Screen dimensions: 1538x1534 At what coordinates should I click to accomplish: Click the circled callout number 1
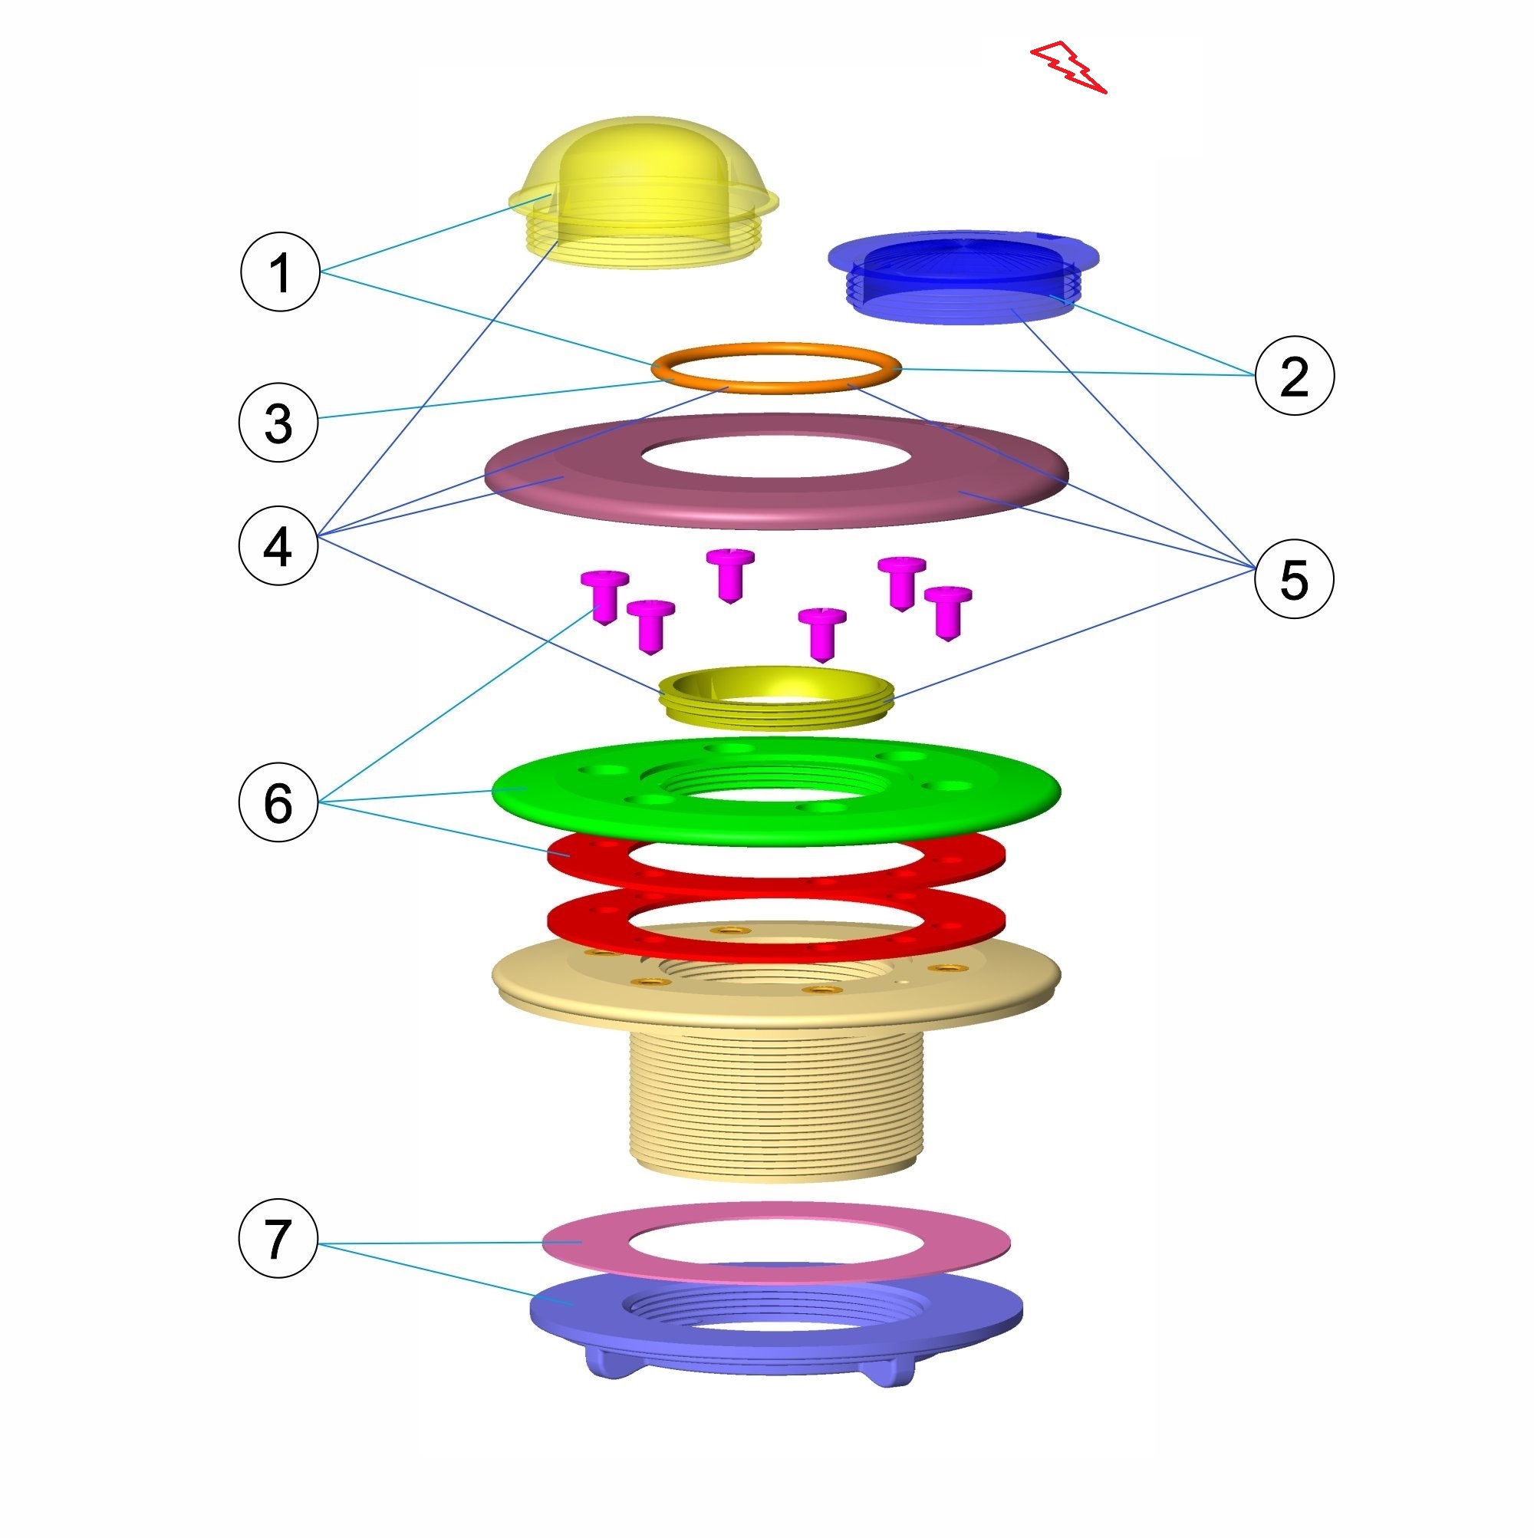pos(279,272)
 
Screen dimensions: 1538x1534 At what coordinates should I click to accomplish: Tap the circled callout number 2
pos(1293,375)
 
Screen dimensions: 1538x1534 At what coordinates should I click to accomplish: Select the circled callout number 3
pos(278,422)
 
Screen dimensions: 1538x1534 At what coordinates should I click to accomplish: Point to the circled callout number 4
pos(278,546)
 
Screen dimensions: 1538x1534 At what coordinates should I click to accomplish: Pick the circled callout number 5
pos(1293,578)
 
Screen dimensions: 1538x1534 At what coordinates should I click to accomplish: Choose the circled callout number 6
pos(278,802)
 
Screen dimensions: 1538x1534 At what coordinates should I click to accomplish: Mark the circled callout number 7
pos(278,1238)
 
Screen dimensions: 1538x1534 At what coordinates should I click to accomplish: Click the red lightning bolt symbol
pos(1068,67)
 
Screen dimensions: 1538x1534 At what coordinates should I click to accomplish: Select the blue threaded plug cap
pos(963,275)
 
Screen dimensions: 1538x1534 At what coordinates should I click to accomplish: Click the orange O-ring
pos(775,368)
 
